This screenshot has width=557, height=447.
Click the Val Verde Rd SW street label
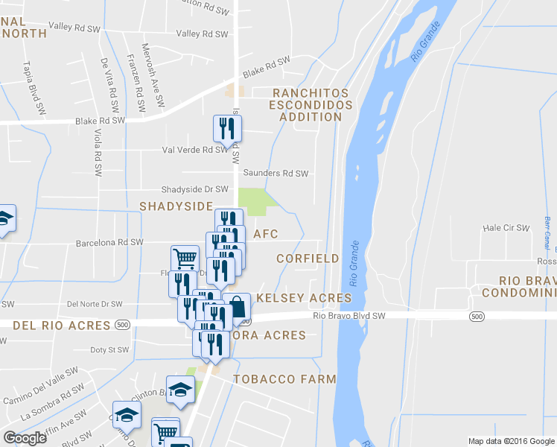point(194,149)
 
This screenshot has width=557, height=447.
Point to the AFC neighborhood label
point(266,234)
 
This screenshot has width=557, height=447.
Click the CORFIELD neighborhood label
point(308,259)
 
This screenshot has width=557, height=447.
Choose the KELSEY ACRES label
point(303,298)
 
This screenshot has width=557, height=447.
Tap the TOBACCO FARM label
point(284,379)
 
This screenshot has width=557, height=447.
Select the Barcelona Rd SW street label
point(109,242)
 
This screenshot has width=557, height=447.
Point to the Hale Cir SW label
point(506,227)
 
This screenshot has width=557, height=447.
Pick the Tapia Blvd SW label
point(33,88)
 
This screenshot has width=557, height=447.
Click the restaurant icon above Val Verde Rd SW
point(226,129)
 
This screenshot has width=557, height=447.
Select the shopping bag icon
point(236,307)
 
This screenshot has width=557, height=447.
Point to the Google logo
point(25,438)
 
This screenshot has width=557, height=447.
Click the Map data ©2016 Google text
point(511,441)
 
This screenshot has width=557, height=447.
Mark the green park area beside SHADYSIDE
point(254,199)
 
